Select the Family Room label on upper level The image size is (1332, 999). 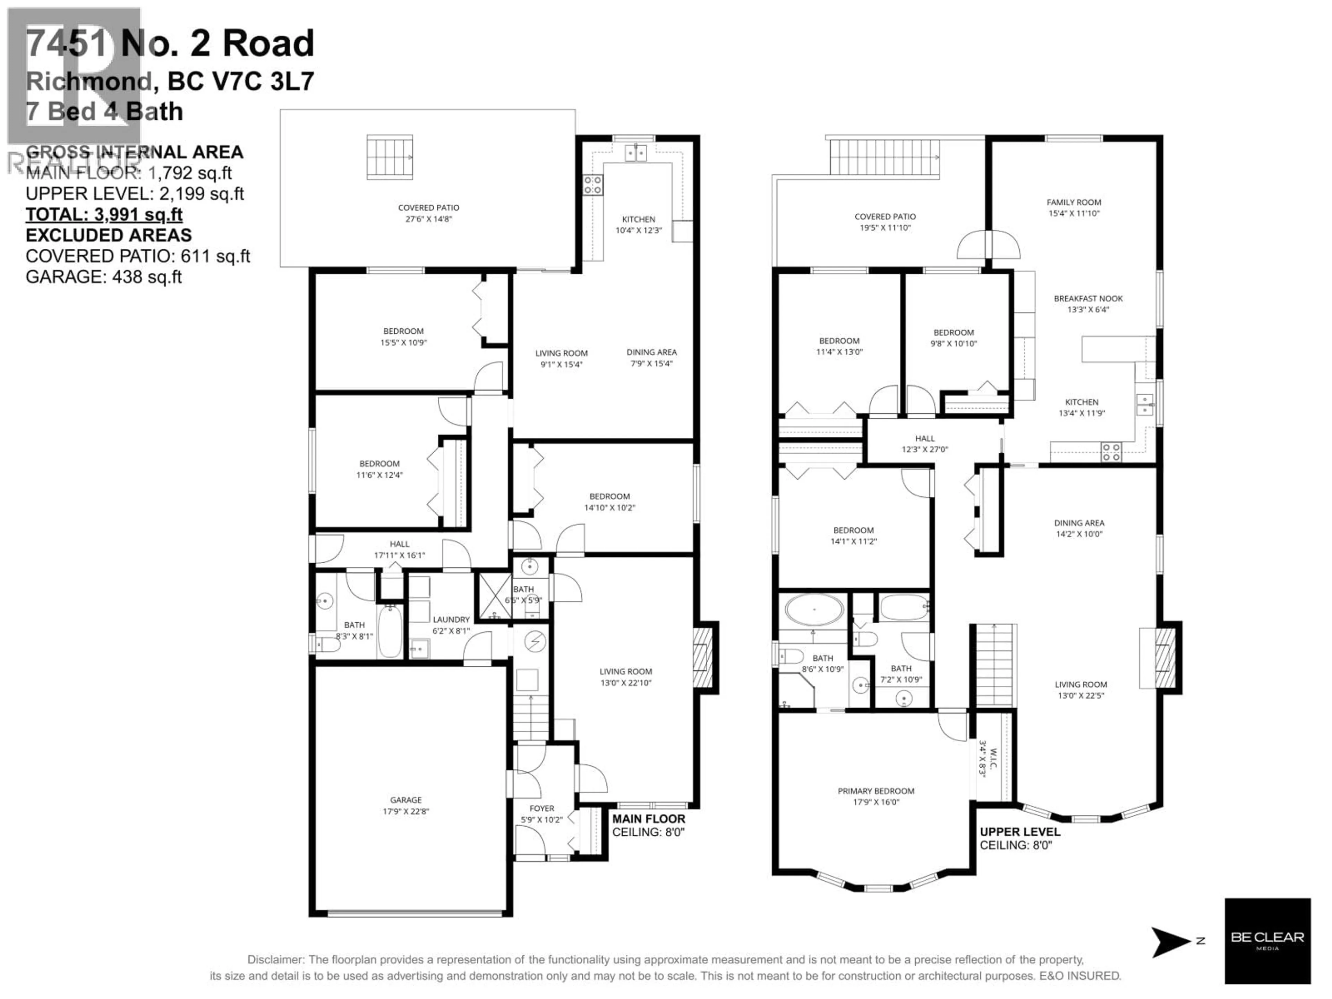(x=1074, y=202)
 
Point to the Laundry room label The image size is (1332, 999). (x=451, y=619)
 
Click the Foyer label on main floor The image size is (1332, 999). (x=541, y=808)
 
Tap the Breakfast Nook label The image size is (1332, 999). (x=1088, y=298)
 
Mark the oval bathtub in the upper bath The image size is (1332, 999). (x=814, y=610)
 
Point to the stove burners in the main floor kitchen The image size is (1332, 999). (x=592, y=185)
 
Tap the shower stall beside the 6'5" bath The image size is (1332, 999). (x=494, y=596)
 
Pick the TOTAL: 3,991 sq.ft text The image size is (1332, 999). (x=104, y=214)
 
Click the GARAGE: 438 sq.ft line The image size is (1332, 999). (x=104, y=277)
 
